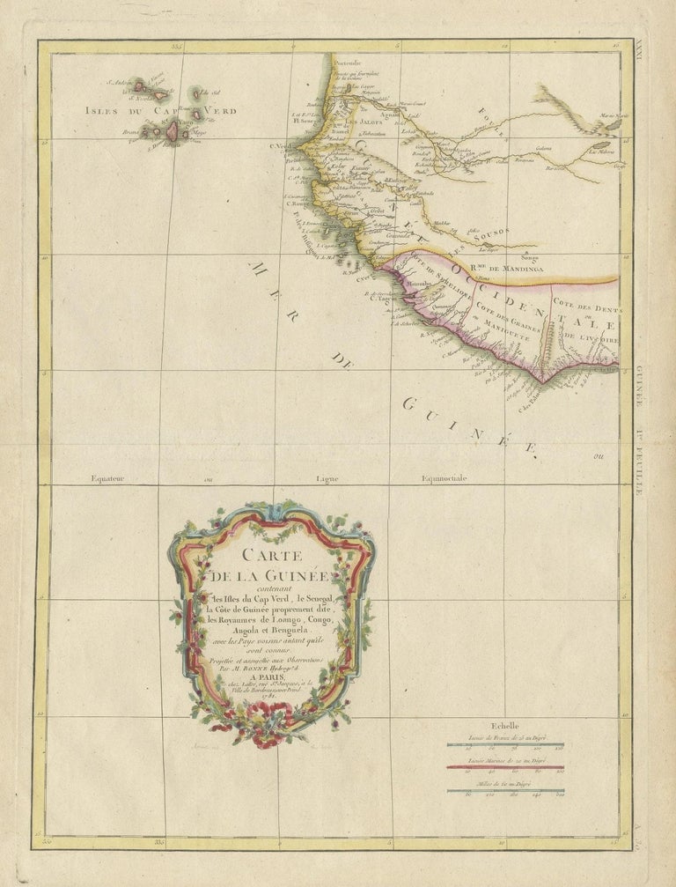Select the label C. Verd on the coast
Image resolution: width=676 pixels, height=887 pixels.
(281, 146)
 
